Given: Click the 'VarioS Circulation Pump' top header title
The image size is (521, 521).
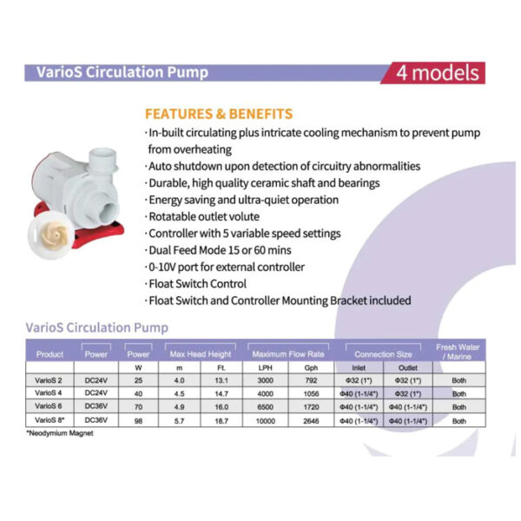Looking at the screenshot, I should click(116, 72).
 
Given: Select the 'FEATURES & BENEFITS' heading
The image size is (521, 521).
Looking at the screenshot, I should click(218, 114).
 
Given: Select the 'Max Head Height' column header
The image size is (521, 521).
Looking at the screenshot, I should click(201, 354).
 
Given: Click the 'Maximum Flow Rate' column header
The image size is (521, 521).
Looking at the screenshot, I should click(289, 354).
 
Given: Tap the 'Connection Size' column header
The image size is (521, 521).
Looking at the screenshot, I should click(383, 354).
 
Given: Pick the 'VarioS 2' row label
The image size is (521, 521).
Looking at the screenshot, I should click(49, 379).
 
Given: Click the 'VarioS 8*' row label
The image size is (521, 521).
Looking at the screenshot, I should click(49, 420).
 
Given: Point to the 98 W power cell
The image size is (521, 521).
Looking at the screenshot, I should click(138, 420).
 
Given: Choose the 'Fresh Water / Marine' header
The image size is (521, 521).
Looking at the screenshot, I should click(458, 352).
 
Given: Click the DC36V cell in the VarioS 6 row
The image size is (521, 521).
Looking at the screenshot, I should click(96, 406).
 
